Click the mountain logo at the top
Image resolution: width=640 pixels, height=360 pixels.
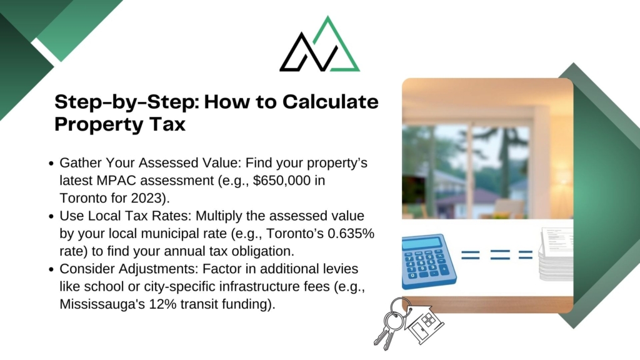(319, 44)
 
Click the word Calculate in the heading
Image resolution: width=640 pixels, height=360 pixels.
(330, 101)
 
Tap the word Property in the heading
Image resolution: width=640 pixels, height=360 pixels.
(97, 124)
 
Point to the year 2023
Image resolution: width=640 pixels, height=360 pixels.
(146, 198)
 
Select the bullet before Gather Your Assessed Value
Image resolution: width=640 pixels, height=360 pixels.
(51, 164)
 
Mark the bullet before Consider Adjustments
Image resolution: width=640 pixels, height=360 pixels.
(51, 270)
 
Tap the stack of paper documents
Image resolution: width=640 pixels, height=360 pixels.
(556, 254)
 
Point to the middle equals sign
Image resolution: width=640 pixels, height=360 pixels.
(499, 255)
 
